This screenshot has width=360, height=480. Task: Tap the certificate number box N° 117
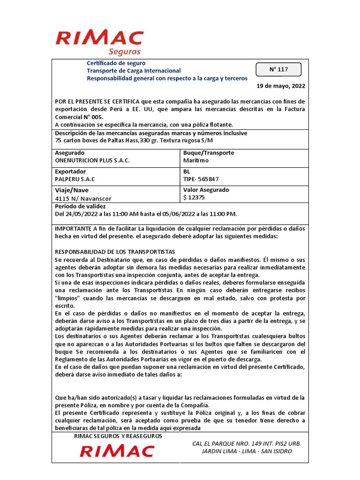pyautogui.click(x=278, y=69)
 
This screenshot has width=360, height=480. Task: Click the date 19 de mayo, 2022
pyautogui.click(x=281, y=86)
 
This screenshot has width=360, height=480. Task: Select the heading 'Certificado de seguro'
pyautogui.click(x=116, y=63)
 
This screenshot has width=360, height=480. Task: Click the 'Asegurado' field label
pyautogui.click(x=70, y=153)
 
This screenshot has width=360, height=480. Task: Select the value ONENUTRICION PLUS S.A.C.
pyautogui.click(x=92, y=160)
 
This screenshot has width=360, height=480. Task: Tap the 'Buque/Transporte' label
pyautogui.click(x=208, y=153)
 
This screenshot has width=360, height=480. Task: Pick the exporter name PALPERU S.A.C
pyautogui.click(x=75, y=179)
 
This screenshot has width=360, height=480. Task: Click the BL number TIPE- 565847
pyautogui.click(x=201, y=179)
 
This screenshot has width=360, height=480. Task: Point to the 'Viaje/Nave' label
pyautogui.click(x=72, y=190)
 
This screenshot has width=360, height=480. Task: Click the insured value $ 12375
pyautogui.click(x=194, y=197)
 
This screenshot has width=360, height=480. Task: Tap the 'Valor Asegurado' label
pyautogui.click(x=206, y=190)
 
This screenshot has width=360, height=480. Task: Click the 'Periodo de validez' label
pyautogui.click(x=81, y=206)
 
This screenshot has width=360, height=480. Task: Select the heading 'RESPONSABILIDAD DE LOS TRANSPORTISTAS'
pyautogui.click(x=115, y=251)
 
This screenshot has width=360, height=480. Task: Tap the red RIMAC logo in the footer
pyautogui.click(x=117, y=451)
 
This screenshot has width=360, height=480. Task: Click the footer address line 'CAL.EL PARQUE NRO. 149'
pyautogui.click(x=247, y=443)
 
